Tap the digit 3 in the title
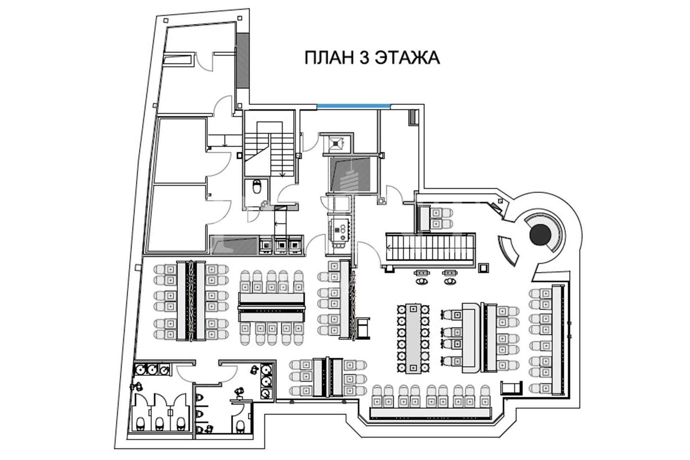(365, 57)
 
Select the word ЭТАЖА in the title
(407, 57)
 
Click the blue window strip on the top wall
(353, 106)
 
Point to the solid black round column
(540, 235)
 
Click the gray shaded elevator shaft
(350, 174)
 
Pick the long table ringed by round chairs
(413, 339)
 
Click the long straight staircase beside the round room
(430, 247)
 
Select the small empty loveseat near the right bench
(511, 388)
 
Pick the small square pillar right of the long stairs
(483, 268)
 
